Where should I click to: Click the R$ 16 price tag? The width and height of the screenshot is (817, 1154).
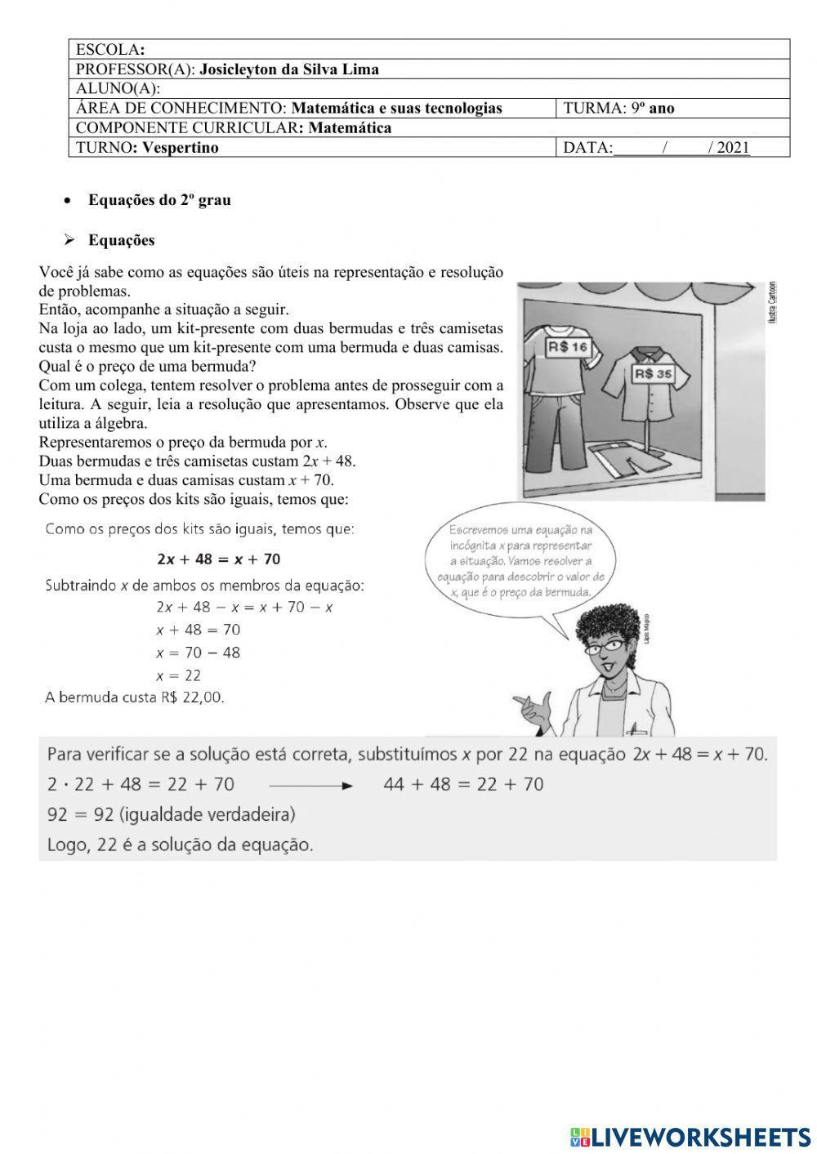tap(568, 347)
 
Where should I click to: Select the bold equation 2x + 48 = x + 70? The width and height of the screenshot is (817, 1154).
tap(218, 559)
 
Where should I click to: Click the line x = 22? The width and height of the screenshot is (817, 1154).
tap(178, 675)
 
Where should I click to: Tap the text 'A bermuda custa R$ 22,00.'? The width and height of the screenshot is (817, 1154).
tap(135, 697)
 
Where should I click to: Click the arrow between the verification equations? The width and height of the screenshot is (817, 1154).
tap(310, 786)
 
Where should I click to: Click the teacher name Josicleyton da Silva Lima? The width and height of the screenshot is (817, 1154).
tap(289, 69)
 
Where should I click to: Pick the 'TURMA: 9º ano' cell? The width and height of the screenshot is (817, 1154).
tap(618, 109)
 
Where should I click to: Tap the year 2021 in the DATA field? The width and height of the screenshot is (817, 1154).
tap(733, 148)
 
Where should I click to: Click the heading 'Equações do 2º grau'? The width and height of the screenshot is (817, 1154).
tap(159, 200)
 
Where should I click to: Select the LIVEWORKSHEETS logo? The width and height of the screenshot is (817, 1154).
tap(690, 1136)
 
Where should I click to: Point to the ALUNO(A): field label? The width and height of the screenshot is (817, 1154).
tap(118, 89)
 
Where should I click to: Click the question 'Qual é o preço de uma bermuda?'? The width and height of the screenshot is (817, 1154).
tap(148, 367)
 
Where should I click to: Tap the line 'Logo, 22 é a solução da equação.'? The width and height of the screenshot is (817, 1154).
tap(180, 845)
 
